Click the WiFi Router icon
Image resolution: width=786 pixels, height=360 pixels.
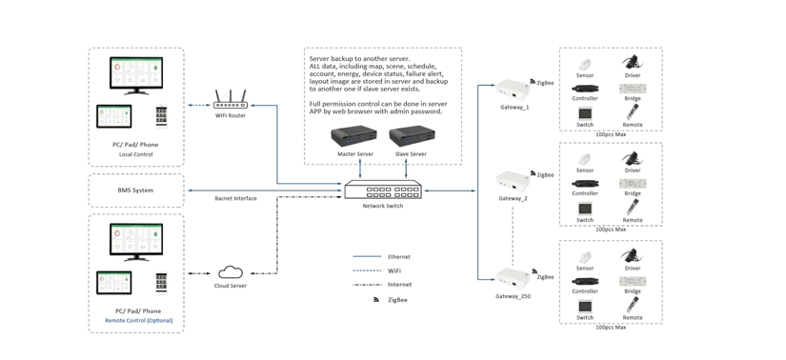tap(231, 100)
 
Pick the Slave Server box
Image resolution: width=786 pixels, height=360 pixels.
tap(411, 137)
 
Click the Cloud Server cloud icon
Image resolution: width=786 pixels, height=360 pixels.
tap(231, 273)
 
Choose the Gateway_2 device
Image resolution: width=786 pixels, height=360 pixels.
tap(513, 182)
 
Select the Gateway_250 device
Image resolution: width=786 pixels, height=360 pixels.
tap(513, 279)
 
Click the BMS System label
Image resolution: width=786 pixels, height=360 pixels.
tap(135, 190)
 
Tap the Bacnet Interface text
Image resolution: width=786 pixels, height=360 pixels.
tap(235, 199)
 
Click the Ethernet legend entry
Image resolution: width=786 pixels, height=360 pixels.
tap(398, 257)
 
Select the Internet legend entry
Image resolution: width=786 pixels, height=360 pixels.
tap(399, 285)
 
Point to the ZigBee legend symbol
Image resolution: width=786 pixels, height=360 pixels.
tap(375, 300)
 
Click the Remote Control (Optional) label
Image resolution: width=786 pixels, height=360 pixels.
tap(139, 321)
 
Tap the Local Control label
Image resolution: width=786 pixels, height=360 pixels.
tap(136, 154)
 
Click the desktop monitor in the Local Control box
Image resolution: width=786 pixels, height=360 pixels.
tap(136, 75)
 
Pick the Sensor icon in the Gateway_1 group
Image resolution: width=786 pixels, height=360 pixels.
tap(584, 65)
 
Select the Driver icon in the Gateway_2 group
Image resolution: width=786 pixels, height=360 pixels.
tap(632, 158)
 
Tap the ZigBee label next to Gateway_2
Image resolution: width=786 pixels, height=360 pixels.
tap(545, 175)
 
